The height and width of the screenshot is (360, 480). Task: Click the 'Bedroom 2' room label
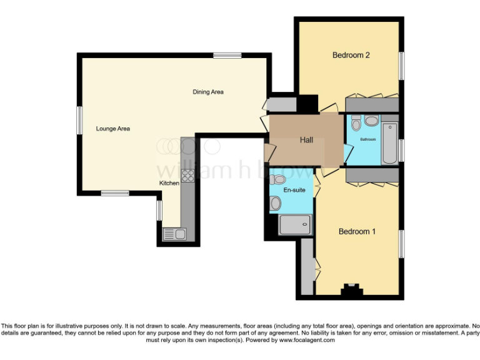(351, 55)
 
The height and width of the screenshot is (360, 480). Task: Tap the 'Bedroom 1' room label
(357, 231)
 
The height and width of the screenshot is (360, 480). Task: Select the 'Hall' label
(306, 140)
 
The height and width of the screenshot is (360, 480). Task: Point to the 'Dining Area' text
(207, 92)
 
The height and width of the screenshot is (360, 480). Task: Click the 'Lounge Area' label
(112, 129)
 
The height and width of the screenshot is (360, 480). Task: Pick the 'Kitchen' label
(169, 183)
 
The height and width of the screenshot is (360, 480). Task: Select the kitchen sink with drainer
(174, 234)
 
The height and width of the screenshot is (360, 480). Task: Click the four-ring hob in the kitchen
(188, 175)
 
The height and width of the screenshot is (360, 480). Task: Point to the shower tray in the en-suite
(295, 224)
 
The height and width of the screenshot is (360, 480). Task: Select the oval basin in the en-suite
(275, 203)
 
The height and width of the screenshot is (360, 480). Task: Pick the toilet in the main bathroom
(356, 124)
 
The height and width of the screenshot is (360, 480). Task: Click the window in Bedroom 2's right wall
(401, 65)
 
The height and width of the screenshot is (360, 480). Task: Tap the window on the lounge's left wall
(79, 119)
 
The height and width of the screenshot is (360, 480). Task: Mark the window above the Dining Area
(227, 56)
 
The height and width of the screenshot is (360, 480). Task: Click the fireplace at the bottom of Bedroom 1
(351, 289)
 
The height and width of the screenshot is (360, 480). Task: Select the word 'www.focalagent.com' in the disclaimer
(307, 341)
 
